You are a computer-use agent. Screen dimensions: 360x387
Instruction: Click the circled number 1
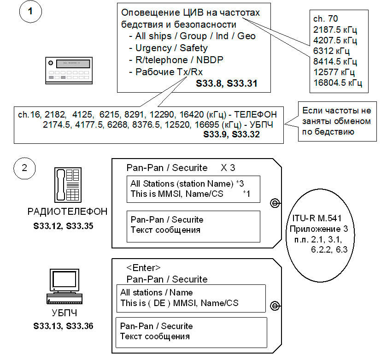[x=30, y=12]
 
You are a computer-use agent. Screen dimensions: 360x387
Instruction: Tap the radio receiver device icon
[x=65, y=69]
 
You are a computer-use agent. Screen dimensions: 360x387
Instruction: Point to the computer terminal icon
[x=65, y=289]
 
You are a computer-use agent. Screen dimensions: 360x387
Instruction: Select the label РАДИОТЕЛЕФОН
[x=67, y=212]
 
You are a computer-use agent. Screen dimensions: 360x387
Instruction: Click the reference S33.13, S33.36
[x=63, y=326]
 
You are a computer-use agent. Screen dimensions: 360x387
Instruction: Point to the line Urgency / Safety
[x=171, y=47]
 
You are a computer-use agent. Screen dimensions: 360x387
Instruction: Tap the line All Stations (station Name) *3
[x=187, y=183]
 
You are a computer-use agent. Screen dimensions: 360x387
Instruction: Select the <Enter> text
[x=143, y=268]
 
